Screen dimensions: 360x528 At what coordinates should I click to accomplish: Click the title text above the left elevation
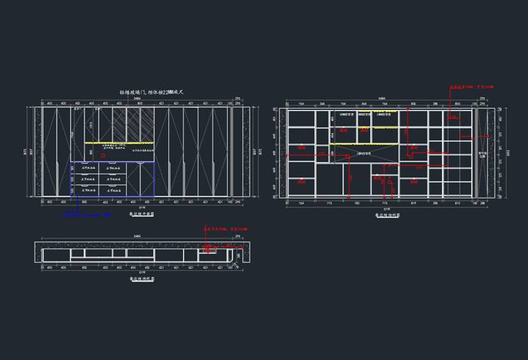coord(152,92)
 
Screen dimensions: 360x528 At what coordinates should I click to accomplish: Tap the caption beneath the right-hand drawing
coord(388,214)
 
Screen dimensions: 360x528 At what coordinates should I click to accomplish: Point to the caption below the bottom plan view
coord(142,278)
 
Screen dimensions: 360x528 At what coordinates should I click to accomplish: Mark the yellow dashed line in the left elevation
coord(114,142)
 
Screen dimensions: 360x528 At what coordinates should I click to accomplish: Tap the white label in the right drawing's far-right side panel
coord(483,155)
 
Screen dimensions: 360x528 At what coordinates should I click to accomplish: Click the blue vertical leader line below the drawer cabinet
coord(75,206)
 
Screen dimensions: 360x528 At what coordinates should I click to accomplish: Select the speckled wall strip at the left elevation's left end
coord(38,151)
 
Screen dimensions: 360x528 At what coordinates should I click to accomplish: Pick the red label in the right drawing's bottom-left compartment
coord(302,181)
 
